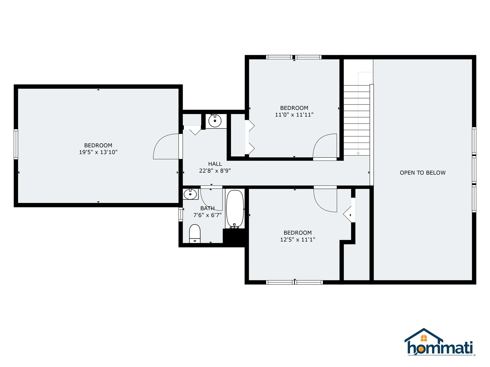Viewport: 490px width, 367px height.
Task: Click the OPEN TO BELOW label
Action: point(423,173)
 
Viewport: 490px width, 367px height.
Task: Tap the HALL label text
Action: point(215,164)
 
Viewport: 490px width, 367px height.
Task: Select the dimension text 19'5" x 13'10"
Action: point(98,152)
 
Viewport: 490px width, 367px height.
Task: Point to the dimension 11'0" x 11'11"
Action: point(294,115)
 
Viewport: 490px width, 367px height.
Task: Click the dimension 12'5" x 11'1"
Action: point(298,240)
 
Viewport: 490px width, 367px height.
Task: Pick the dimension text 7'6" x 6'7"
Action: point(207,215)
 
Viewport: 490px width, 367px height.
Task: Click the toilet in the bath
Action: point(195,233)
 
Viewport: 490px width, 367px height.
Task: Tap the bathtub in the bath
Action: point(235,209)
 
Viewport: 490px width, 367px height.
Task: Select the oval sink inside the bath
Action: point(190,194)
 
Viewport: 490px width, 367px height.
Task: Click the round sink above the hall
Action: point(215,121)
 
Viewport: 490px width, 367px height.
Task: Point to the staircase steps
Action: point(357,120)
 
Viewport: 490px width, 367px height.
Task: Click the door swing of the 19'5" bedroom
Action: point(166,147)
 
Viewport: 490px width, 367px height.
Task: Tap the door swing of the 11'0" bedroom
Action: point(325,146)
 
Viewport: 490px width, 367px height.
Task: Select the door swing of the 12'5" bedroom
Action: point(325,200)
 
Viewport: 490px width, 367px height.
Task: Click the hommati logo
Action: point(440,342)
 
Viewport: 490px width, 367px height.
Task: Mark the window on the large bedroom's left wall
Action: point(16,144)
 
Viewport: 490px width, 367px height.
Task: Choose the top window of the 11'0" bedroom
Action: point(294,57)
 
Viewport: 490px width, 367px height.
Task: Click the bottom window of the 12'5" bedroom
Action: point(295,282)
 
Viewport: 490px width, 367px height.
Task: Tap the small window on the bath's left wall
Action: point(181,214)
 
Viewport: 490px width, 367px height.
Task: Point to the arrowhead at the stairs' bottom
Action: point(358,154)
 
